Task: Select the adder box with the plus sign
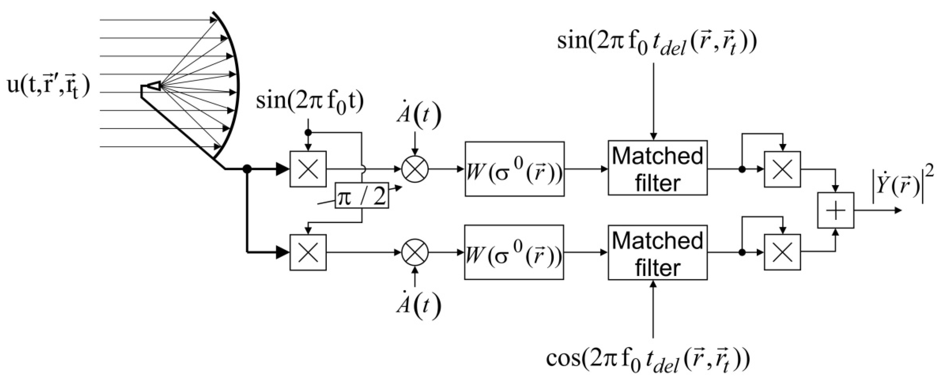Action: point(835,210)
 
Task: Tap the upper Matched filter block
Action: point(657,168)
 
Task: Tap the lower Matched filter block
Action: point(657,252)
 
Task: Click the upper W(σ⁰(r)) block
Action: point(515,169)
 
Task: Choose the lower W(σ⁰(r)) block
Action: point(514,252)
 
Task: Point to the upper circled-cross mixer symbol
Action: point(415,169)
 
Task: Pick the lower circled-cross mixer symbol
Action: point(415,252)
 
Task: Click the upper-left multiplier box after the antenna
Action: point(308,169)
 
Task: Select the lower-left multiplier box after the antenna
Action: point(308,252)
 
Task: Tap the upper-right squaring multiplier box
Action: point(782,169)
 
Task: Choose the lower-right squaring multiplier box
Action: point(782,252)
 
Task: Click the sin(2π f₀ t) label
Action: point(310,103)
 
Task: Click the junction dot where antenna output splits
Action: point(247,169)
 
